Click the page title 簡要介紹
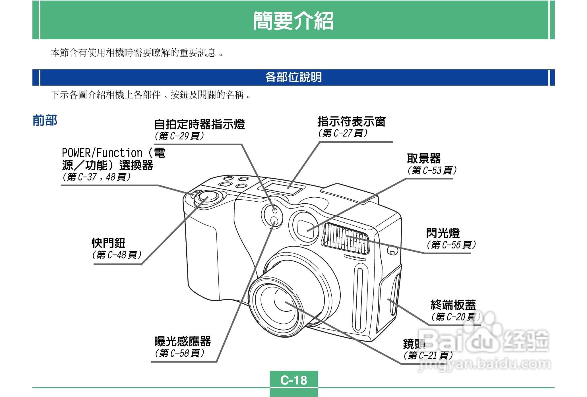tap(293, 20)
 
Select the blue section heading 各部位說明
tap(293, 77)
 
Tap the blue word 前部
tap(45, 120)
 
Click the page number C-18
tap(293, 380)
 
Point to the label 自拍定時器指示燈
tap(199, 125)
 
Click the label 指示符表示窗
tap(352, 122)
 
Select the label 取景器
tap(423, 158)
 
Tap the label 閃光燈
tap(443, 233)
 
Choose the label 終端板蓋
tap(453, 305)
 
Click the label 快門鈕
tap(108, 243)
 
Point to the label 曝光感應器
tap(182, 341)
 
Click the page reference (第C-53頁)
tap(432, 170)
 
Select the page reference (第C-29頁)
tap(179, 136)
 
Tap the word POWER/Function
tap(102, 153)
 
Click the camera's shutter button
tap(208, 197)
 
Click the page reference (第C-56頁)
tap(451, 245)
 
